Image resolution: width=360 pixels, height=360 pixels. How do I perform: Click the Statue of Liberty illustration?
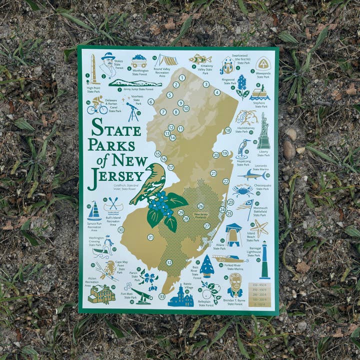263,132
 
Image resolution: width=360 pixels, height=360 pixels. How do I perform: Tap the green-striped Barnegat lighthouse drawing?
264,260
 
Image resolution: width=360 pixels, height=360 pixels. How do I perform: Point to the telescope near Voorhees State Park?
132,111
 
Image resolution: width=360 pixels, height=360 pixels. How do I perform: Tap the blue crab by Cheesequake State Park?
242,190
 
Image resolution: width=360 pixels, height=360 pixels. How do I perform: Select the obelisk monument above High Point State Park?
93,68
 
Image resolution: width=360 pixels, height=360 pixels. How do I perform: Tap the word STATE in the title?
116,129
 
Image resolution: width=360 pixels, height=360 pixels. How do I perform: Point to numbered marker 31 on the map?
150,237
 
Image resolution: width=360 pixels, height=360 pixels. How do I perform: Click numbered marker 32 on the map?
169,262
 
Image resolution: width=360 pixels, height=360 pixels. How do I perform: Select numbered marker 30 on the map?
120,229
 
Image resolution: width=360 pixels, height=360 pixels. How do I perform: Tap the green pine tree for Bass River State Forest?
207,266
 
